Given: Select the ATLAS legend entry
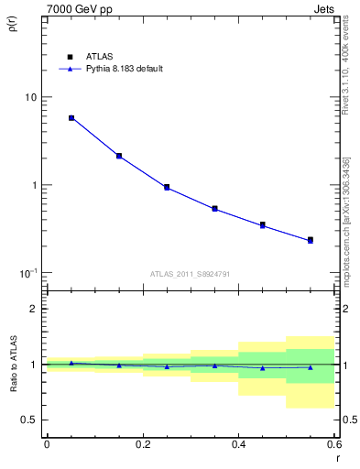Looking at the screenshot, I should (x=86, y=55).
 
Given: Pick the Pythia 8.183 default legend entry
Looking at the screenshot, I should (x=117, y=69).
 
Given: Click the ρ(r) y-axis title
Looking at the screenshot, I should (x=12, y=25).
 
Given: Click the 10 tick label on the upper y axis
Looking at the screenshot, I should (x=30, y=97).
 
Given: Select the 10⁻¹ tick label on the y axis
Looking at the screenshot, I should (x=28, y=273).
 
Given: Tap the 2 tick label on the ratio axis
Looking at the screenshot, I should (x=34, y=310).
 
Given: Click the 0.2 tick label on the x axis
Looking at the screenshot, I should (x=142, y=444).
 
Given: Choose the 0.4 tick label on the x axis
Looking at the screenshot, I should (x=238, y=444).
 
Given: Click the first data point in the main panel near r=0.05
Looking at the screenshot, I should (x=71, y=118).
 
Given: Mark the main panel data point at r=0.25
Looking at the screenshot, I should (x=167, y=187).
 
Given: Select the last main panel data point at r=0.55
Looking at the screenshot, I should (x=311, y=240).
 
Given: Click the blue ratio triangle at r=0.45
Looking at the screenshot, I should (x=262, y=368).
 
